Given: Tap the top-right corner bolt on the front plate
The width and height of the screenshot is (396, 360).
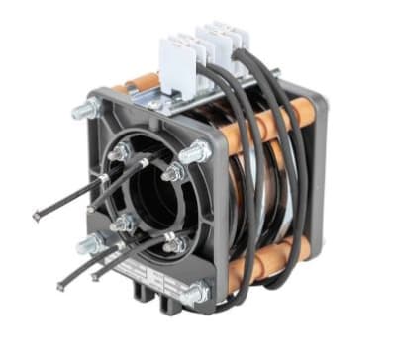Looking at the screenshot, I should (194, 152).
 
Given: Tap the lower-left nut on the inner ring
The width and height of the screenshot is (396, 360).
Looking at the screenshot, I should (123, 224).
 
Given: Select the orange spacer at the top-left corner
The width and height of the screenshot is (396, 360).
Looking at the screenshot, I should (123, 90).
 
